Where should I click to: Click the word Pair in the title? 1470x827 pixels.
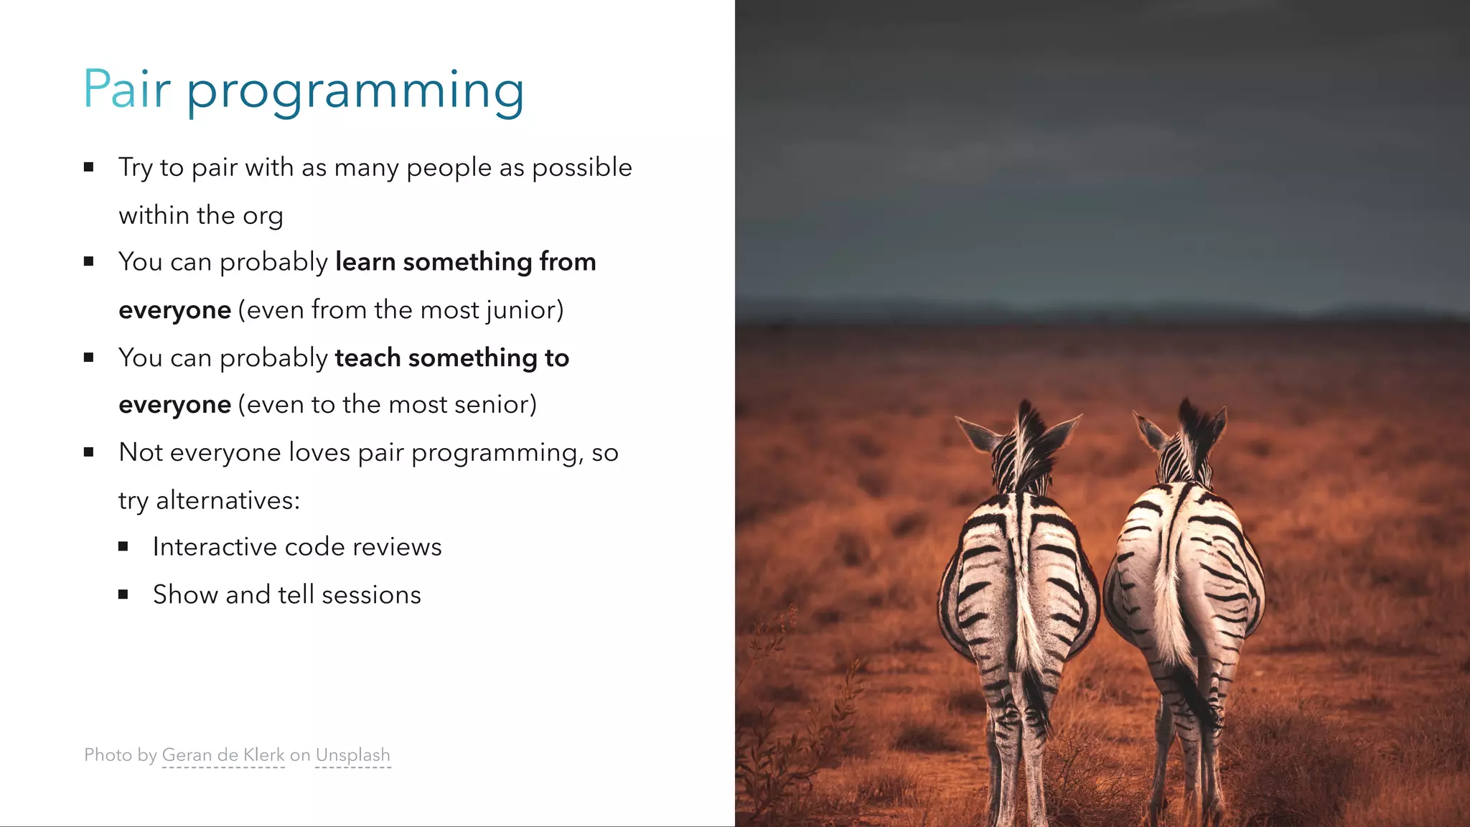[x=126, y=90]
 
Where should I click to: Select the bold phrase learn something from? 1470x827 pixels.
[x=465, y=262]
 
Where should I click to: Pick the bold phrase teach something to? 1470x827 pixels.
[x=451, y=358]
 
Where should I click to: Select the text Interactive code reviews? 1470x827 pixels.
[x=297, y=547]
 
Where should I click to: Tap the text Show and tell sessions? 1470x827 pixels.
[x=287, y=595]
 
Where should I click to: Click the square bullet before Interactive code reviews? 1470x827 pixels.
[x=123, y=547]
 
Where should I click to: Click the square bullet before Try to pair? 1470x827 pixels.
[x=89, y=167]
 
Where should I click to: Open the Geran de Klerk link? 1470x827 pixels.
[x=223, y=755]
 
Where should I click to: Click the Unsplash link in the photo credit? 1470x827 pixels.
[x=352, y=755]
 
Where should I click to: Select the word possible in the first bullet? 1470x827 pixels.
[x=581, y=167]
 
